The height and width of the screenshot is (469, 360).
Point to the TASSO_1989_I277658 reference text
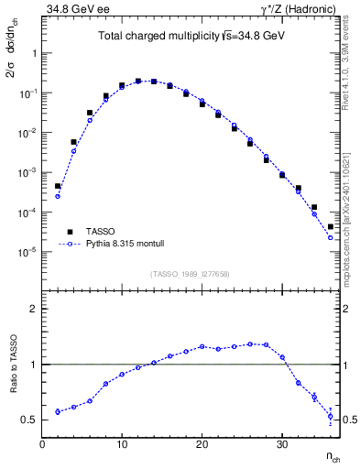(189, 273)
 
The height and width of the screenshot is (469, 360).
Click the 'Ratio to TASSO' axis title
(13, 364)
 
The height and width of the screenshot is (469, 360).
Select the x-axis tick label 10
(122, 443)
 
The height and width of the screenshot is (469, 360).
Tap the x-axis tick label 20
(202, 443)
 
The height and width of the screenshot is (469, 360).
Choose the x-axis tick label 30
(282, 443)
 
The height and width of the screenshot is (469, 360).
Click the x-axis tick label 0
(42, 443)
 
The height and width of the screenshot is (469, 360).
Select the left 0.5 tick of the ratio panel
(31, 420)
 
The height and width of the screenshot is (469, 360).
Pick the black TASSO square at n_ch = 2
(58, 186)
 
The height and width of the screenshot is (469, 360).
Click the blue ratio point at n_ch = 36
(331, 416)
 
